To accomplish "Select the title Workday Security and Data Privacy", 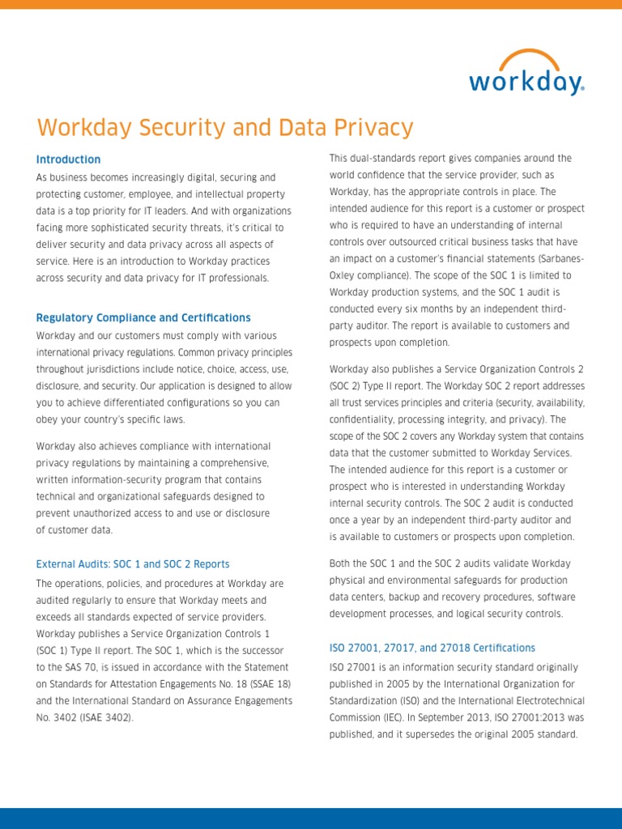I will pos(225,128).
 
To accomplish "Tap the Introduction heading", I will pos(69,159).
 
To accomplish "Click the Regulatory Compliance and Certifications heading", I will pos(143,317).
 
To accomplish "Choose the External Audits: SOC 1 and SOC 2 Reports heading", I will pos(133,564).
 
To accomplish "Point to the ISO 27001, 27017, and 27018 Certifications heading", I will pos(432,648).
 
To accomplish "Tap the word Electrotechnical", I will pos(543,700).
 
